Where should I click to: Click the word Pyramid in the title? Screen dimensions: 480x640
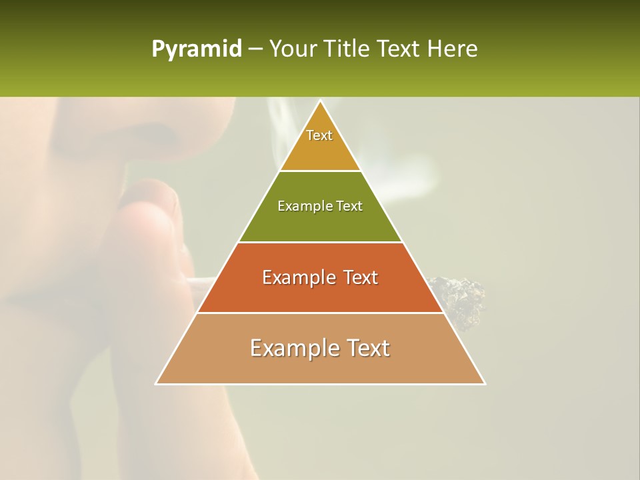(196, 49)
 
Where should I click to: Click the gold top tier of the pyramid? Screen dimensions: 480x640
(320, 150)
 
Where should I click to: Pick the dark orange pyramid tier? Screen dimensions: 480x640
(320, 293)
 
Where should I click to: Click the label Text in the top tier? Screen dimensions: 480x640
(319, 135)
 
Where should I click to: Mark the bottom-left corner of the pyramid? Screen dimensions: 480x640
(157, 383)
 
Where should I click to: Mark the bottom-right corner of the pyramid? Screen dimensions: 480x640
(484, 383)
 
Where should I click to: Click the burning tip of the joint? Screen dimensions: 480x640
(460, 297)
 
